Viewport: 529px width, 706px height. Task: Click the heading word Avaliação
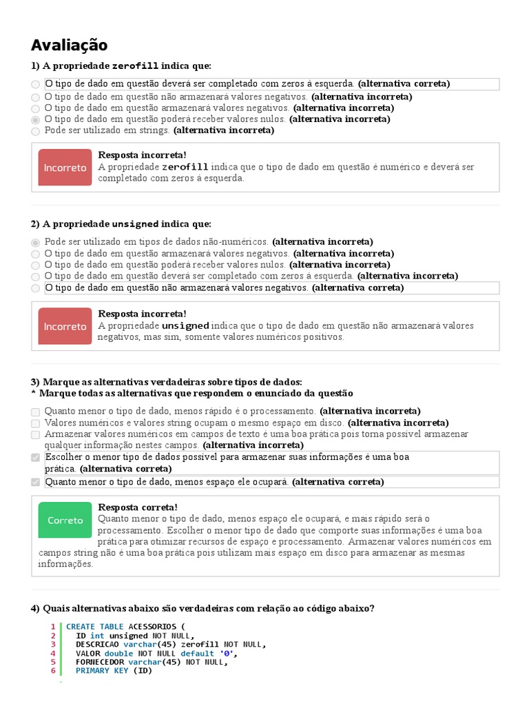click(x=70, y=46)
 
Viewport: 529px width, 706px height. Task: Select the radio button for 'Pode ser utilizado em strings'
click(x=36, y=130)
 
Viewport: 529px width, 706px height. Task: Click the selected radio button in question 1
click(x=36, y=119)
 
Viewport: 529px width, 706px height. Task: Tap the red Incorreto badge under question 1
click(x=65, y=168)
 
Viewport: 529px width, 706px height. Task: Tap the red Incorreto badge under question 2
click(x=65, y=326)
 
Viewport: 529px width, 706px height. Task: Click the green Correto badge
click(x=65, y=521)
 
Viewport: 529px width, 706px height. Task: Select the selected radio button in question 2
click(x=36, y=243)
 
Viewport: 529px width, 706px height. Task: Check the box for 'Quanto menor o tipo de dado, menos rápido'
click(x=36, y=412)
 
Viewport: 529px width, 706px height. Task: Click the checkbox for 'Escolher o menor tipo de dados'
click(x=36, y=458)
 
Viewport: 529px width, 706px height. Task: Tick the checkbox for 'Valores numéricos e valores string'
click(x=36, y=423)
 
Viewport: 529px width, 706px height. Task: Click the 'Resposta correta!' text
click(x=138, y=507)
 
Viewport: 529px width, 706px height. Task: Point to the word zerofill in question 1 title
click(x=135, y=66)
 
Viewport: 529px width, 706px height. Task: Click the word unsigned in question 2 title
click(x=135, y=225)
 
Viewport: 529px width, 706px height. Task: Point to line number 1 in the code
click(x=52, y=627)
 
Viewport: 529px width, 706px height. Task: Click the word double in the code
click(x=118, y=653)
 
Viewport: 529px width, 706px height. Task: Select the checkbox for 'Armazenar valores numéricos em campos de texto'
click(x=36, y=435)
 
